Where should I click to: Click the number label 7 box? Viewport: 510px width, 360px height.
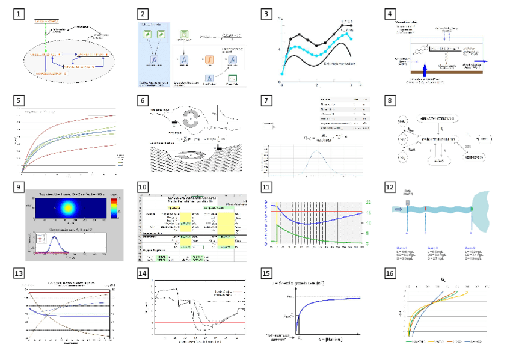pyautogui.click(x=268, y=99)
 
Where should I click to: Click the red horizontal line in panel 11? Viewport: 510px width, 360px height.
pyautogui.click(x=313, y=212)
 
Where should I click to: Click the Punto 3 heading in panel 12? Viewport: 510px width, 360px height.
pyautogui.click(x=472, y=247)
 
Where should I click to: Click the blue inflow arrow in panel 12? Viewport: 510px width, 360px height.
pyautogui.click(x=398, y=209)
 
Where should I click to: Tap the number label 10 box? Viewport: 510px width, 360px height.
pyautogui.click(x=143, y=187)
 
